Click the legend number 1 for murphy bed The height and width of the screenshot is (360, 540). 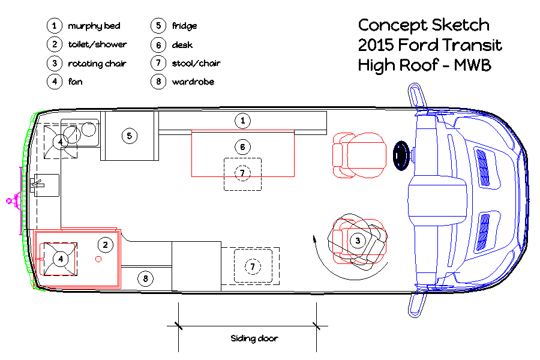click(55, 26)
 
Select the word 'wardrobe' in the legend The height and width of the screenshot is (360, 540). click(193, 82)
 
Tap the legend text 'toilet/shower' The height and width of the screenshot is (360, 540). click(97, 44)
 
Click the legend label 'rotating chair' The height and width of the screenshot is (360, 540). click(97, 64)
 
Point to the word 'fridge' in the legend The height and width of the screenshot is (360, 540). click(185, 26)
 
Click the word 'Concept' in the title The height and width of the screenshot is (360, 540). click(392, 25)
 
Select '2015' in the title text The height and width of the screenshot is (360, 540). click(376, 45)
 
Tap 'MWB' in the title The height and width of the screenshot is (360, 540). click(473, 65)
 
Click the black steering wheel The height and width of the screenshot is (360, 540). click(401, 156)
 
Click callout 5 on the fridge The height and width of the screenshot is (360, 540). click(130, 136)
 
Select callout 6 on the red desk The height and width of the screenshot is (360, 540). click(242, 147)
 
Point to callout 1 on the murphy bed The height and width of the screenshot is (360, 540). click(242, 121)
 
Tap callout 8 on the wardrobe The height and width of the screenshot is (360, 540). click(145, 278)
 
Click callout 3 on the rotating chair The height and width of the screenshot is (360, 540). click(358, 241)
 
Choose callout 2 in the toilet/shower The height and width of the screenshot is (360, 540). click(106, 245)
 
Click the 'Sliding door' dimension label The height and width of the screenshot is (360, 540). click(254, 338)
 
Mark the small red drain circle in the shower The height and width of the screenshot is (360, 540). click(98, 259)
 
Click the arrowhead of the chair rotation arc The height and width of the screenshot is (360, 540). click(314, 239)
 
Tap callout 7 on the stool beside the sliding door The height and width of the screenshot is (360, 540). click(253, 266)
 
